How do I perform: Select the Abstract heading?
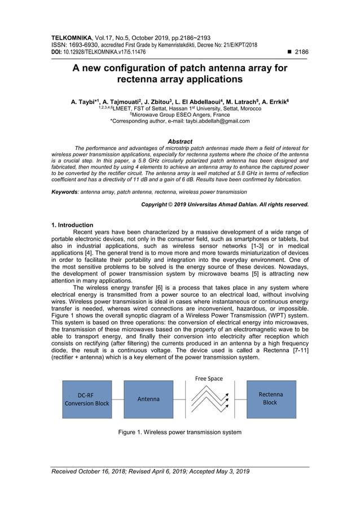click(180, 142)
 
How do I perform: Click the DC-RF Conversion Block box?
click(86, 399)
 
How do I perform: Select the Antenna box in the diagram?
click(148, 399)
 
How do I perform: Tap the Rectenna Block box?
click(270, 398)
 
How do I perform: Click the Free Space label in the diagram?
click(209, 379)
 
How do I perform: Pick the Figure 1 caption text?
click(179, 432)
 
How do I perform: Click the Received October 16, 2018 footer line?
click(150, 472)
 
